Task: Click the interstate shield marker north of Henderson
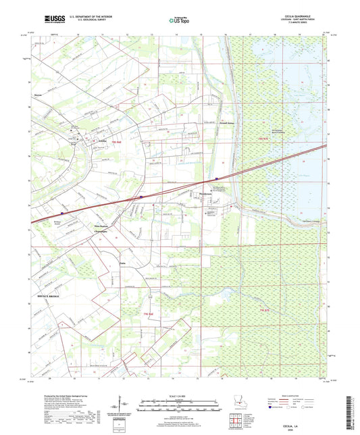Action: point(216,179)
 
